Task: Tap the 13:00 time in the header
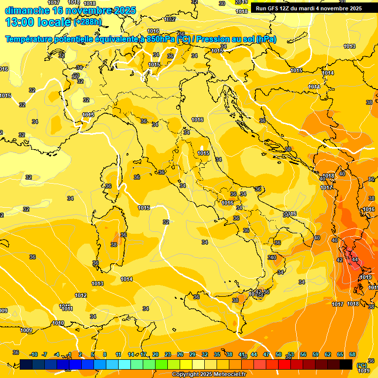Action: pyautogui.click(x=22, y=22)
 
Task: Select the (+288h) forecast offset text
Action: pyautogui.click(x=88, y=22)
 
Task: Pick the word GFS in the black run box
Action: pyautogui.click(x=274, y=8)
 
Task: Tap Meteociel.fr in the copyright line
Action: pyautogui.click(x=227, y=375)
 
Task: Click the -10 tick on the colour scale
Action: pyautogui.click(x=33, y=354)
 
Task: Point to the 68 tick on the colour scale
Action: pyautogui.click(x=352, y=354)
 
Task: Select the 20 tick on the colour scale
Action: pyautogui.click(x=155, y=354)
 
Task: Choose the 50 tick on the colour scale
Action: pyautogui.click(x=279, y=354)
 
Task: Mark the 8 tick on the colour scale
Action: pyautogui.click(x=105, y=354)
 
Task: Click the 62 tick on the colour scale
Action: pyautogui.click(x=328, y=354)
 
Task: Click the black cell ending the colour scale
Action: pyautogui.click(x=346, y=364)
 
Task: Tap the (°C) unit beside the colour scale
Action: pyautogui.click(x=362, y=365)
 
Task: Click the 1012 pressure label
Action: pyautogui.click(x=81, y=295)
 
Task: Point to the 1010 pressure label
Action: pyautogui.click(x=58, y=323)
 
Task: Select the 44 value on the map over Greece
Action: pyautogui.click(x=355, y=259)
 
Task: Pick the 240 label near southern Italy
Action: pyautogui.click(x=272, y=257)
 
